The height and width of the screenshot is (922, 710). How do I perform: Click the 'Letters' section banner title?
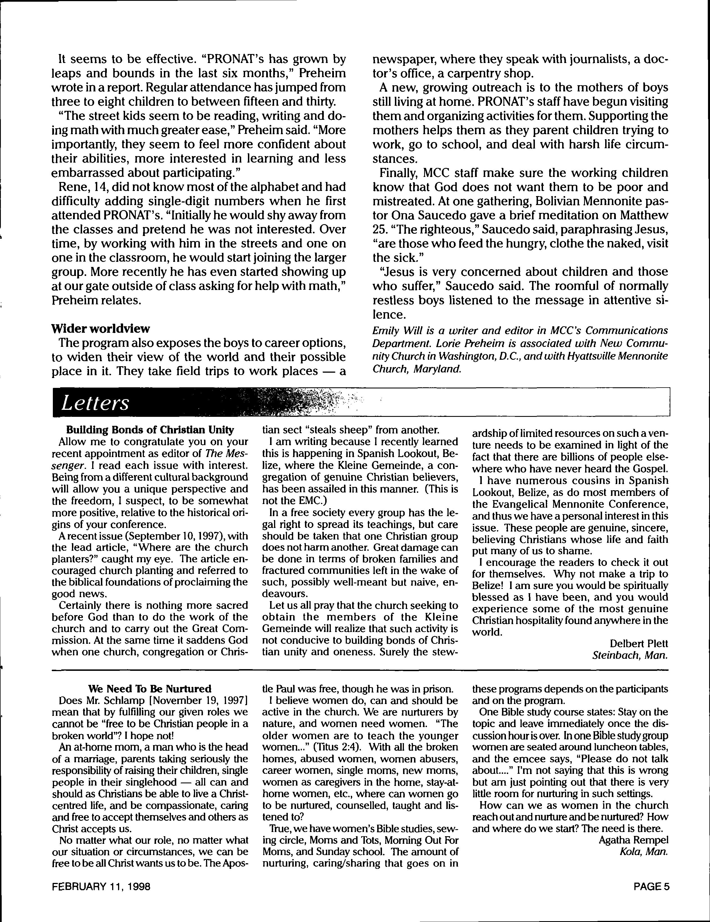(x=95, y=403)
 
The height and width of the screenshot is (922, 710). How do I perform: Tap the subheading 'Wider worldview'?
(x=100, y=329)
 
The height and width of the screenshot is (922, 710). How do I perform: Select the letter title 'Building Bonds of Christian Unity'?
(x=150, y=430)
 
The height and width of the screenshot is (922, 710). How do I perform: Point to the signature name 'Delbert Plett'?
(x=639, y=643)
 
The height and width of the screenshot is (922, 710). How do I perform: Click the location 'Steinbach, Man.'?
(x=630, y=656)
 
